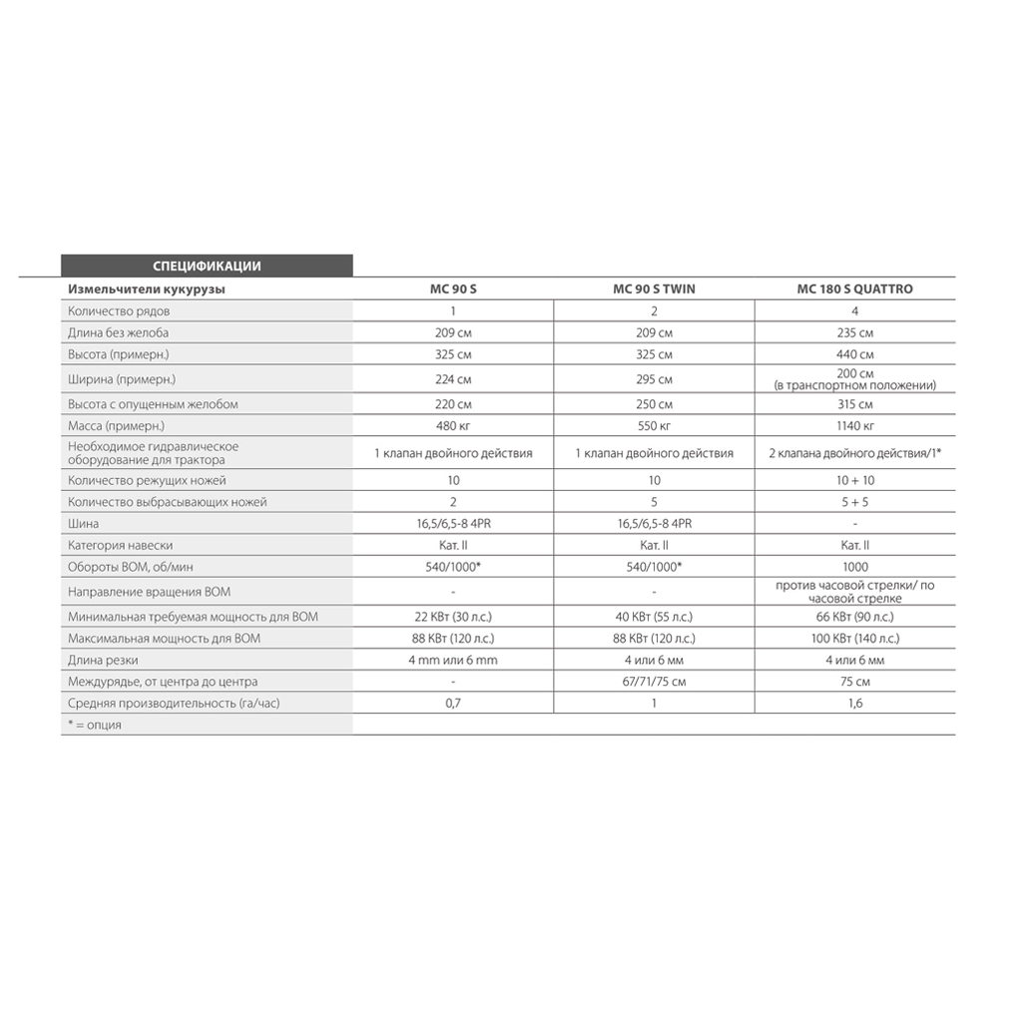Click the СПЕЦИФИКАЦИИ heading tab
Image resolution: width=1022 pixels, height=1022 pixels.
tap(207, 265)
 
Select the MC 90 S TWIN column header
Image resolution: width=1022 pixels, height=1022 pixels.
tap(654, 289)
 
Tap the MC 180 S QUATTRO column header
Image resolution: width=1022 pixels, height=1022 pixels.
tap(854, 289)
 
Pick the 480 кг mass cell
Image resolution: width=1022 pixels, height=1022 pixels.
tap(453, 426)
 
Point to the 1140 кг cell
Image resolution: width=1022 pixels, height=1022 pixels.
tap(854, 426)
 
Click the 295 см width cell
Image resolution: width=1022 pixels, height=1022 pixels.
tap(654, 379)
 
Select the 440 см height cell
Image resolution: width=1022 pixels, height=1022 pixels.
tap(854, 354)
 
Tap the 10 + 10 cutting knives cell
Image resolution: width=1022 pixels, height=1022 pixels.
tap(854, 480)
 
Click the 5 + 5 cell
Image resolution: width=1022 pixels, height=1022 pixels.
tap(854, 502)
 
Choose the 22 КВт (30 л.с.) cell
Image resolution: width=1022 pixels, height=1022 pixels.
tap(453, 617)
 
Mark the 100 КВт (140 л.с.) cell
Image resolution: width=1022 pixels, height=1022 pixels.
tap(854, 639)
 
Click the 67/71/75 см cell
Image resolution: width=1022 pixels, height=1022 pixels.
tap(654, 682)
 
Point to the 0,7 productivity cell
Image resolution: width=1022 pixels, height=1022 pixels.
tap(453, 704)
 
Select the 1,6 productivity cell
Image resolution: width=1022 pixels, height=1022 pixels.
tap(854, 704)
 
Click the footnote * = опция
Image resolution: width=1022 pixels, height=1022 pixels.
tap(95, 725)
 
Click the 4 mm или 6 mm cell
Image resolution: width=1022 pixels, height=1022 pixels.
tap(453, 661)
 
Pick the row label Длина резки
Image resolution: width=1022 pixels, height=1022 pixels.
tap(103, 661)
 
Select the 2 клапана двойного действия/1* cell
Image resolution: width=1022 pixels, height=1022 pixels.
tap(854, 453)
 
